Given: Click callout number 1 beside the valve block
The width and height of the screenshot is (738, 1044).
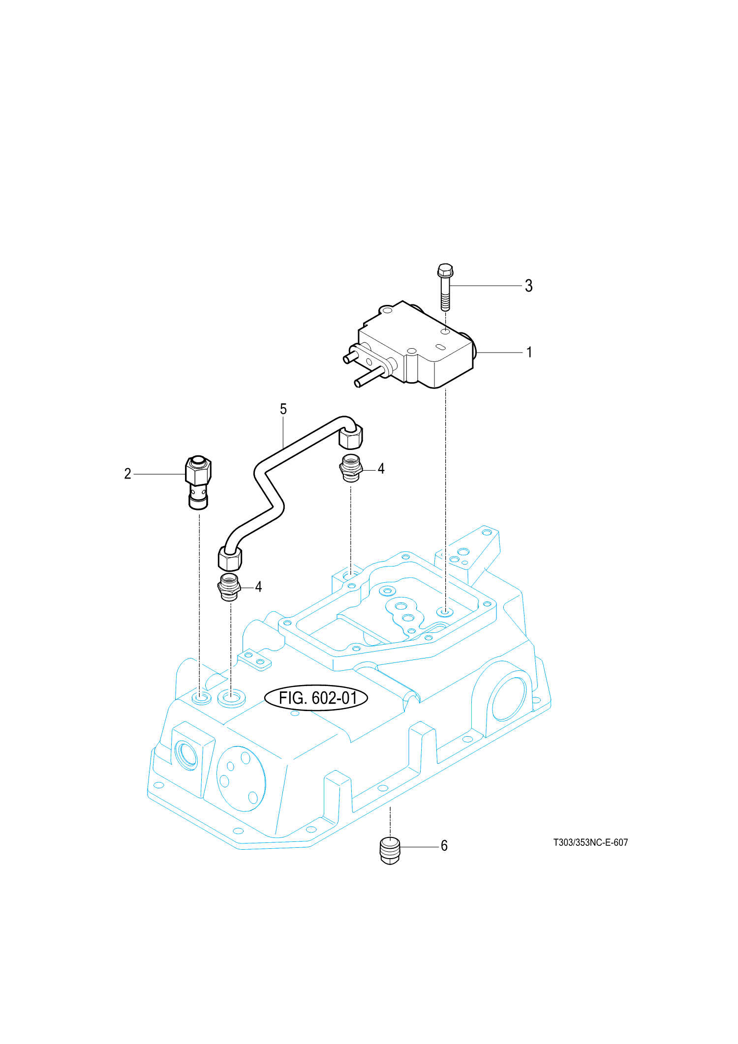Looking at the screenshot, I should pyautogui.click(x=529, y=352).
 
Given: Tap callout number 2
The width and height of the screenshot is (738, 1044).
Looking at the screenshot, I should pyautogui.click(x=127, y=474).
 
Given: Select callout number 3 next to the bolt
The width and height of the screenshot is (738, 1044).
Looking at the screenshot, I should pyautogui.click(x=529, y=286).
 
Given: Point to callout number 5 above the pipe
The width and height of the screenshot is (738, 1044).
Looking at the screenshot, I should pyautogui.click(x=283, y=409).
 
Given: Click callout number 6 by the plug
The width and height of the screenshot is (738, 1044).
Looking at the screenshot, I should pyautogui.click(x=444, y=845).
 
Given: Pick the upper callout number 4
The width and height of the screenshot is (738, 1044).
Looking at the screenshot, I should pyautogui.click(x=381, y=469).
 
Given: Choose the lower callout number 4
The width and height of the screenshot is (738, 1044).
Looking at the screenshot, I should pyautogui.click(x=258, y=587).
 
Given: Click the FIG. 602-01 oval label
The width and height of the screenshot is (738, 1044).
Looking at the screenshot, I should pyautogui.click(x=316, y=698).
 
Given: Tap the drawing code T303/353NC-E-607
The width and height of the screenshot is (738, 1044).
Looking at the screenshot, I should pyautogui.click(x=590, y=842).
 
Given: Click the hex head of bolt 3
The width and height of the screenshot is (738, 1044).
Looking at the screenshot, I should pyautogui.click(x=445, y=270).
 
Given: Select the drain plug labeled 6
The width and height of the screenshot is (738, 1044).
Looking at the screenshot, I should pyautogui.click(x=390, y=849).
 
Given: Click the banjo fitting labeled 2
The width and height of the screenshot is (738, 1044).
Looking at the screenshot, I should pyautogui.click(x=198, y=482).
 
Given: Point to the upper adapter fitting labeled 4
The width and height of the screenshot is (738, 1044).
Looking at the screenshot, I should pyautogui.click(x=351, y=468).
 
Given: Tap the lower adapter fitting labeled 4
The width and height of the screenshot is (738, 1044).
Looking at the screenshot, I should pyautogui.click(x=228, y=587).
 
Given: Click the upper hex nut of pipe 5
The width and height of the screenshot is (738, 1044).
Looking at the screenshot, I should pyautogui.click(x=351, y=437).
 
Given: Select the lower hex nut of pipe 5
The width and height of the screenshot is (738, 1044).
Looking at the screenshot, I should pyautogui.click(x=230, y=559).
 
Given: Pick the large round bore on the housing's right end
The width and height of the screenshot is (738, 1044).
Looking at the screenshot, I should pyautogui.click(x=508, y=698).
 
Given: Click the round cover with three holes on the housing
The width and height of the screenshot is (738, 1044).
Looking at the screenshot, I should pyautogui.click(x=241, y=778).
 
